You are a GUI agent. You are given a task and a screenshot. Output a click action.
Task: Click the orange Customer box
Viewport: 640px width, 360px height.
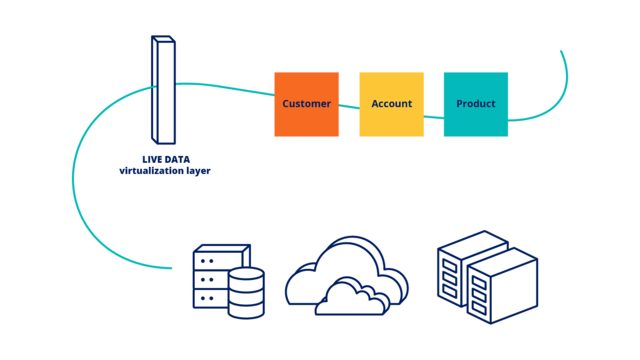pos(306,104)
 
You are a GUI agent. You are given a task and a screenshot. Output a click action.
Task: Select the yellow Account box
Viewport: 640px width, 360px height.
pos(391,104)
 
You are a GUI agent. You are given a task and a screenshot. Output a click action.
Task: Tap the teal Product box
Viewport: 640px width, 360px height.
pos(475,104)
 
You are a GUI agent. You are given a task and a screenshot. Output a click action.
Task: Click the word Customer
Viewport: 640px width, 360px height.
pos(306,104)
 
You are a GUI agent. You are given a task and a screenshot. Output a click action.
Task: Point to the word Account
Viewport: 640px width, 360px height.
pos(391,104)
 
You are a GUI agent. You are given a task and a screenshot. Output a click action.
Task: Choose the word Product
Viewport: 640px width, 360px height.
pos(475,104)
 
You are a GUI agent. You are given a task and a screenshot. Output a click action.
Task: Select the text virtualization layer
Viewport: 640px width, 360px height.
pos(164,171)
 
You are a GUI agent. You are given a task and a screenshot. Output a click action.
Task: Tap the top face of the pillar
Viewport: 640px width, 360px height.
pos(163,40)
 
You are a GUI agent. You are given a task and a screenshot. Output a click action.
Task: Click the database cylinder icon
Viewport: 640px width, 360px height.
pos(246,292)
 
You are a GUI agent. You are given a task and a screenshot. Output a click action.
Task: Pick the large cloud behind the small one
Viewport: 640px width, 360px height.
pos(340,262)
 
